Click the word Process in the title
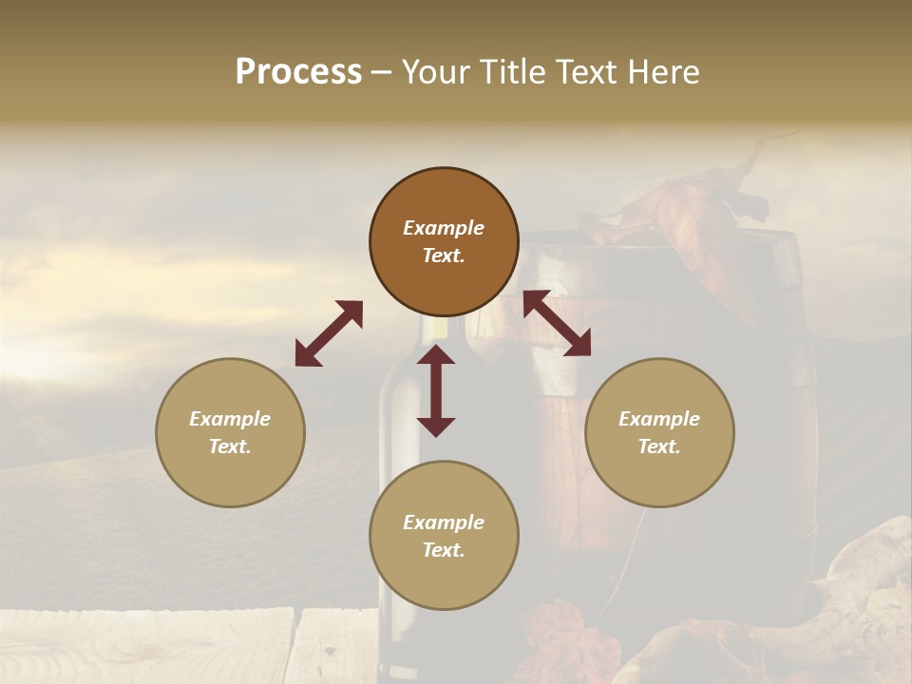coord(298,72)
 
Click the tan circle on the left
coord(230,432)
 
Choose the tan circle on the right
coord(659,432)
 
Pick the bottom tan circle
coord(444,536)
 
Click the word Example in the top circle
coord(444,228)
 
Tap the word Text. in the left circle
coord(230,446)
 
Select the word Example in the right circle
coord(659,419)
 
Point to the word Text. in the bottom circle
coord(444,550)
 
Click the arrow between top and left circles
coord(329,333)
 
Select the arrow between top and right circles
coord(557,323)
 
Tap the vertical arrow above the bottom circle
coord(436,390)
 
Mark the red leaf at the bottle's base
coord(560,632)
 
